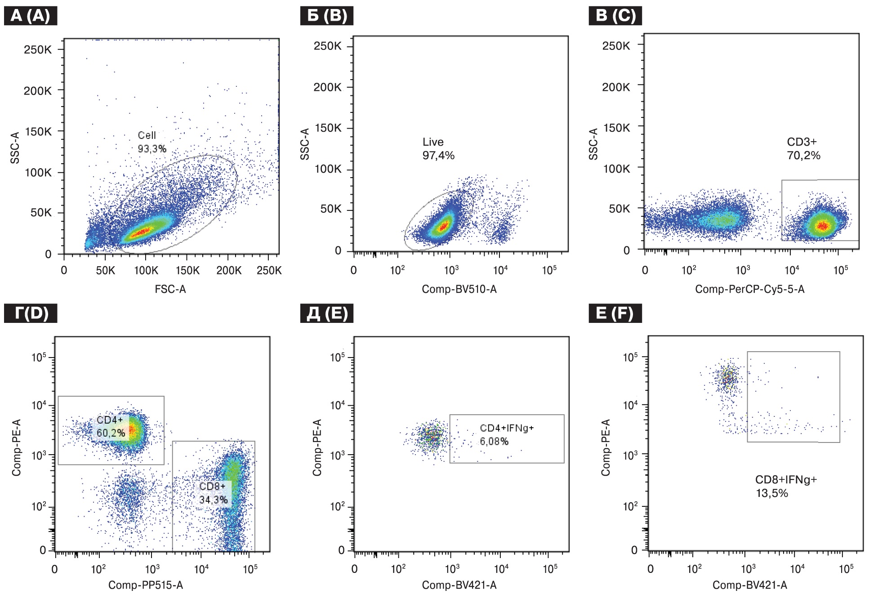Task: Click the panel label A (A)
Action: (30, 16)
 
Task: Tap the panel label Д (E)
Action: (327, 313)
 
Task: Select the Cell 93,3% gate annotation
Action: (152, 142)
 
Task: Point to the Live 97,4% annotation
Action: (438, 149)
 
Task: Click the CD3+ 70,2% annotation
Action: (803, 149)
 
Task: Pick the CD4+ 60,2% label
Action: (111, 426)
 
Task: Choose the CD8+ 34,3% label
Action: (213, 493)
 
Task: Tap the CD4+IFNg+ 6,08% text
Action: (506, 434)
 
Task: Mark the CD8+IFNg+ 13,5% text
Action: (785, 486)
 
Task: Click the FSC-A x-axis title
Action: (170, 289)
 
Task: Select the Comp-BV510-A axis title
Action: (459, 289)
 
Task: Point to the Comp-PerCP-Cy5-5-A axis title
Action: (749, 289)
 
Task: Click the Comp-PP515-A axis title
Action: (146, 585)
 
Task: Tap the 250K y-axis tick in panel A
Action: (38, 49)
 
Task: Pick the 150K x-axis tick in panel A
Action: (187, 270)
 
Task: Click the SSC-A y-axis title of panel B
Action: (305, 144)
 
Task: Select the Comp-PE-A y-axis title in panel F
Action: (606, 447)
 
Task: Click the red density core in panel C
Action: (822, 226)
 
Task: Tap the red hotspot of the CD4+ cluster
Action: (132, 430)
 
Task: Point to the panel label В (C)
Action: (615, 16)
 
